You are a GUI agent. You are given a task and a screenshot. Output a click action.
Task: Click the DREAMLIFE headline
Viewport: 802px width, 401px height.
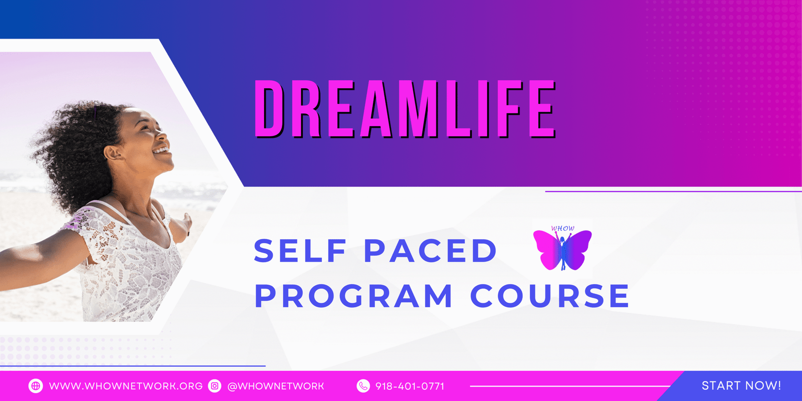click(405, 109)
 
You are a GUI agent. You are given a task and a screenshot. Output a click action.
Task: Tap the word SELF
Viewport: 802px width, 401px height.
click(300, 251)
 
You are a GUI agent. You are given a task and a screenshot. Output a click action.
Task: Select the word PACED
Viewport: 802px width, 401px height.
click(431, 251)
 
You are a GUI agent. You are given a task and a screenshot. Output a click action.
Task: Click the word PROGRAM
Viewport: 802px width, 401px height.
click(353, 296)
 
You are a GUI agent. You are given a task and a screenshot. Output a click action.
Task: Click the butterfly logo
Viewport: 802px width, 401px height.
click(562, 250)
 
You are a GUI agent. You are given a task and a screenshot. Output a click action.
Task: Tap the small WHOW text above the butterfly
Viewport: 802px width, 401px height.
click(562, 228)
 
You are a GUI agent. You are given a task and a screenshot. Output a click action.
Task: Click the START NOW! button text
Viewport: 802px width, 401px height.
click(741, 385)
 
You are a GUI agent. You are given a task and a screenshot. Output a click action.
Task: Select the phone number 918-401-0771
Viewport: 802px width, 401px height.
click(410, 386)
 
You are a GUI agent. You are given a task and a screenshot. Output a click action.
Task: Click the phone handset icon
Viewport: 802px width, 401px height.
click(363, 386)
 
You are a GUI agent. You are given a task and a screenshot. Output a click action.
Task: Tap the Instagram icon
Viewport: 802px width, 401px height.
click(215, 386)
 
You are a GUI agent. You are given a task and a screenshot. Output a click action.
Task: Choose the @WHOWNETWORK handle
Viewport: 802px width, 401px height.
click(276, 386)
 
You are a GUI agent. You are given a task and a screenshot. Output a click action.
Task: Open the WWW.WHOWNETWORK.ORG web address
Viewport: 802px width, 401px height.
click(126, 386)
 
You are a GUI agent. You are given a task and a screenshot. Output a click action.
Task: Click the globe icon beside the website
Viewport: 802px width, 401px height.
click(36, 386)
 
